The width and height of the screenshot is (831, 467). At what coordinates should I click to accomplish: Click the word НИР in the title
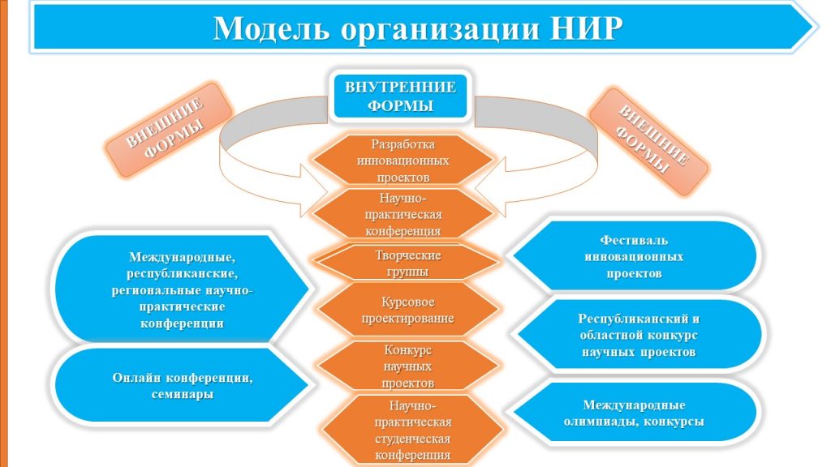point(584,28)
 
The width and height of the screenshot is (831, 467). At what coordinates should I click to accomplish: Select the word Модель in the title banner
point(271,28)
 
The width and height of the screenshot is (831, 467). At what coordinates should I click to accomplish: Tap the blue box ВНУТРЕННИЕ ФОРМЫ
point(400,96)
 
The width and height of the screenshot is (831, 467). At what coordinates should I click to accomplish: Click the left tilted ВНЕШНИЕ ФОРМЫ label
point(169,130)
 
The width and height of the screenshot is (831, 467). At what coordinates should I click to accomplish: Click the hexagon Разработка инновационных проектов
point(403,161)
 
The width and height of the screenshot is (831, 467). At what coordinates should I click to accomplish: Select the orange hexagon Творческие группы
point(407,263)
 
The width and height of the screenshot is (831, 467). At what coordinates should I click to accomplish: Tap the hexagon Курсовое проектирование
point(407,310)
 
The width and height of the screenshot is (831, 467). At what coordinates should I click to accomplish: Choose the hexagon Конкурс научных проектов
point(407,366)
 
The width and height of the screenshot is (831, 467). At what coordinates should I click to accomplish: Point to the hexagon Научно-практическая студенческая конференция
point(412,430)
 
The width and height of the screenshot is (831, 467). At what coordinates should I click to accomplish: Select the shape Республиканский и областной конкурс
point(639,335)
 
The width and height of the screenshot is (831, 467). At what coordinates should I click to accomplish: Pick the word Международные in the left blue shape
point(183,257)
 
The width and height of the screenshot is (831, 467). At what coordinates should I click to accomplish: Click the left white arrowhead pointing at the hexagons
point(314,190)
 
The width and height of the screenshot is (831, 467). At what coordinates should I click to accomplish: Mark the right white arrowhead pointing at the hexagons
point(489,187)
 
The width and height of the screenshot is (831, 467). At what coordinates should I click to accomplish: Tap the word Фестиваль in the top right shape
point(634,240)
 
